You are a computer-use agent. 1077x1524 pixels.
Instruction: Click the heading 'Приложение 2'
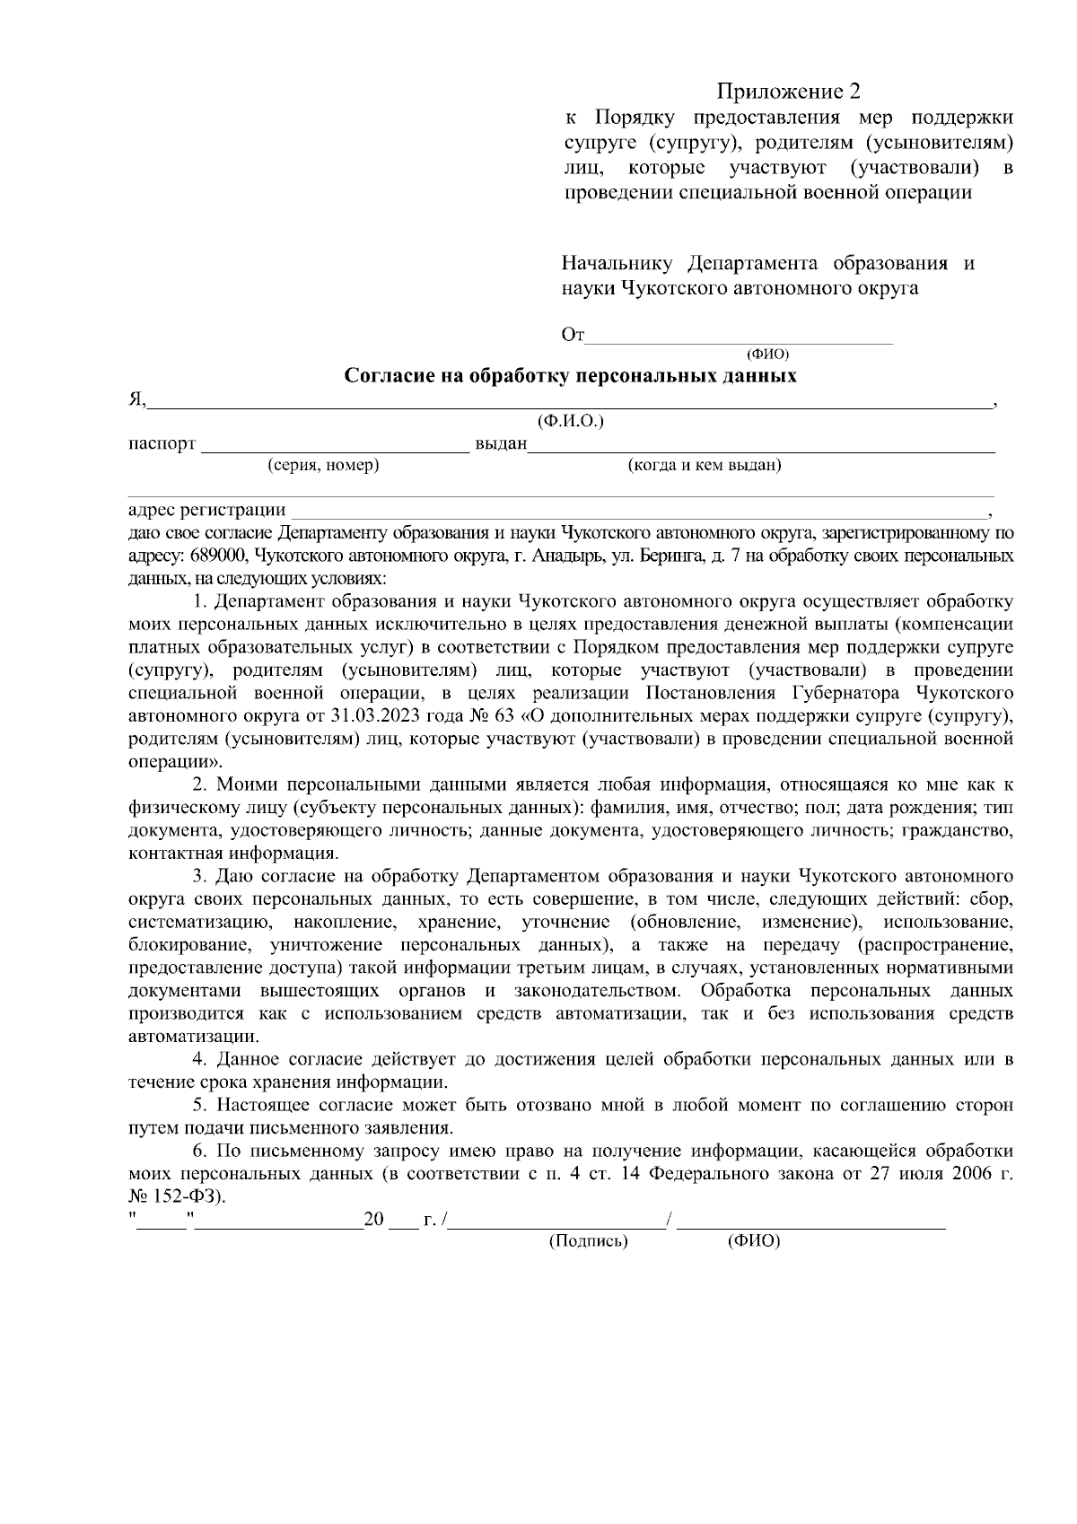pyautogui.click(x=787, y=92)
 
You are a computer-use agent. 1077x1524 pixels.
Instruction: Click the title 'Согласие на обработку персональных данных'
pyautogui.click(x=571, y=375)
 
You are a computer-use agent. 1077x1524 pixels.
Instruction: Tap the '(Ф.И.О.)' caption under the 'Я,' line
pyautogui.click(x=570, y=421)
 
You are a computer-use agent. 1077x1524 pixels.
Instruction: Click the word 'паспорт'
pyautogui.click(x=162, y=444)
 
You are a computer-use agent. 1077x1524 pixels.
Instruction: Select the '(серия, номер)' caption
pyautogui.click(x=323, y=465)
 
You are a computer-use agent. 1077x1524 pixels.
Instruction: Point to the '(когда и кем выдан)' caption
pyautogui.click(x=705, y=465)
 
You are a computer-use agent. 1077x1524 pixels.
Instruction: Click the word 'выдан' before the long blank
pyautogui.click(x=500, y=444)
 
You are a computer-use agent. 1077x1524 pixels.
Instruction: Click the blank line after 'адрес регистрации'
pyautogui.click(x=637, y=512)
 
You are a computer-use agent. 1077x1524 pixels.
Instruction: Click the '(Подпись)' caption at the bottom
pyautogui.click(x=588, y=1241)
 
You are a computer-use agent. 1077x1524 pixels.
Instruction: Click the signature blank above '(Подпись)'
pyautogui.click(x=556, y=1222)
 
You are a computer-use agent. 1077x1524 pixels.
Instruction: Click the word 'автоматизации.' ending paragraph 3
pyautogui.click(x=181, y=1037)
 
